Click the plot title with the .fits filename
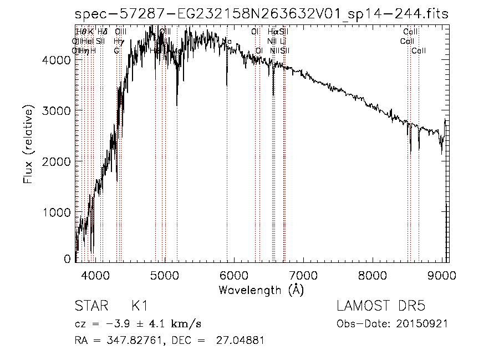tap(261, 14)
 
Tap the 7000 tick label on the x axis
tap(303, 275)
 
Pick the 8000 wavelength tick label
tap(373, 275)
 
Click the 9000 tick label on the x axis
tap(442, 275)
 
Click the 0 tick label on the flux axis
tap(67, 259)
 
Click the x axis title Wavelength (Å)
tap(261, 290)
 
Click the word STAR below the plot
tap(90, 306)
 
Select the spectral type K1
tap(139, 306)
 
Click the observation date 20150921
tap(425, 323)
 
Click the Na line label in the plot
tap(226, 42)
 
